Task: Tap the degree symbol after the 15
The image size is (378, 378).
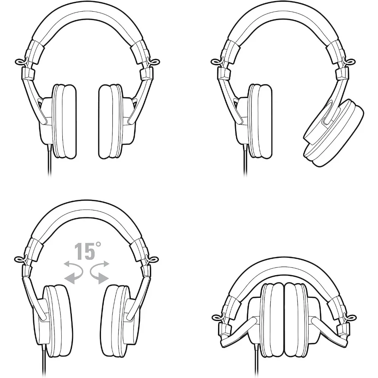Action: point(98,245)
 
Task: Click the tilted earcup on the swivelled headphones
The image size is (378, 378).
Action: point(334,133)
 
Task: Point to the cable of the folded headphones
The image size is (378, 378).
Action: point(256,362)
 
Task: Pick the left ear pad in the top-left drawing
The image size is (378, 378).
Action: point(64,121)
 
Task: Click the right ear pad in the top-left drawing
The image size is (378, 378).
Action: point(110,121)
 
